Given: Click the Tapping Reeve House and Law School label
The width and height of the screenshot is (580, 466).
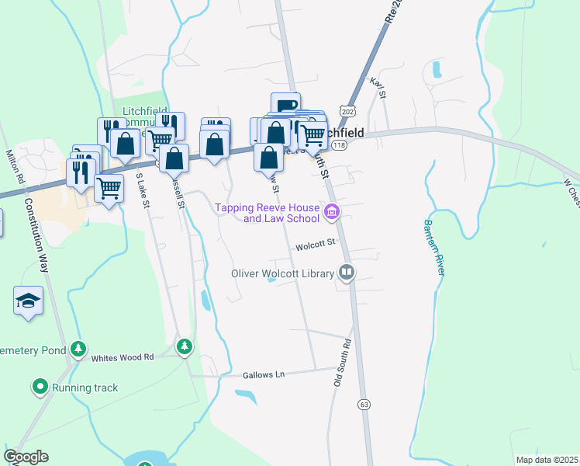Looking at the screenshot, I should click(268, 213).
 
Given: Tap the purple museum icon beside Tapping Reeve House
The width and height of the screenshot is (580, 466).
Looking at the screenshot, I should click(333, 211).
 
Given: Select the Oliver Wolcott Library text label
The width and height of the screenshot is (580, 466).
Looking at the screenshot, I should click(282, 273).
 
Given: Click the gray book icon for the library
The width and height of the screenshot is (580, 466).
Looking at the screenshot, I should click(347, 273).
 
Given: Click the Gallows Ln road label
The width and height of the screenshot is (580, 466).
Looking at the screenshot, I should click(264, 374).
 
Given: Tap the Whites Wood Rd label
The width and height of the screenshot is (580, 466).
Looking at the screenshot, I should click(123, 357).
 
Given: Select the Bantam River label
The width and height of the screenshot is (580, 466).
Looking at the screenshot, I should click(433, 247).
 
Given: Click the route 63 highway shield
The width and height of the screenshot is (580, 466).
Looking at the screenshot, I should click(364, 405).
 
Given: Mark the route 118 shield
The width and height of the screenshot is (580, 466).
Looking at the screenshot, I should click(339, 145).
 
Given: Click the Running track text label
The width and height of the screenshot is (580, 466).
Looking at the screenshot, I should click(86, 387).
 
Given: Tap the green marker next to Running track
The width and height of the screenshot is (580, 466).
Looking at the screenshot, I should click(39, 385).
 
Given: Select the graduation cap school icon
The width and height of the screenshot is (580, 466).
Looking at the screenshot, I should click(28, 301).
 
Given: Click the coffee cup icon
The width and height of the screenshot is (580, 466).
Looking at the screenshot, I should click(285, 104).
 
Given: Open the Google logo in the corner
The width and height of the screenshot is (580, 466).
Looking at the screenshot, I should click(26, 457).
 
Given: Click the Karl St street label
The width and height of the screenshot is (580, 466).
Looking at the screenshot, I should click(378, 88).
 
